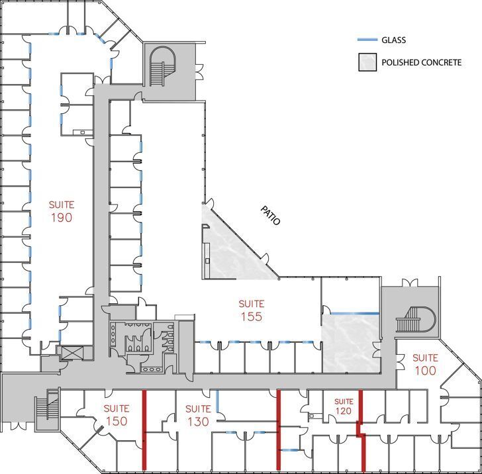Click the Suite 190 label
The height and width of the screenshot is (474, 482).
coord(62,211)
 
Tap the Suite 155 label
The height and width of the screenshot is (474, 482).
coord(252,310)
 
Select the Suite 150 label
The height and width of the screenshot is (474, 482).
coord(117,415)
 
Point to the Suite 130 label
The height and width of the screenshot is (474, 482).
coord(198,415)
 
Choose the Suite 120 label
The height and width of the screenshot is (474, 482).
coord(344,406)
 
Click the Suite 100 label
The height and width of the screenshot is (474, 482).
coord(425,364)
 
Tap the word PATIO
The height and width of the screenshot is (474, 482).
coord(271,215)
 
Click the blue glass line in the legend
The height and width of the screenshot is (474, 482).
coord(367,40)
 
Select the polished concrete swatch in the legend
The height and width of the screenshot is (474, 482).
coord(367,62)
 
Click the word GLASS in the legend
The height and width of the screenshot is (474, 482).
coord(393,40)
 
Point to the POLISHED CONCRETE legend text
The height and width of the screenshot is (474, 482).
coord(422,62)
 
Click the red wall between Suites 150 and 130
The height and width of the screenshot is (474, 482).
coord(144,430)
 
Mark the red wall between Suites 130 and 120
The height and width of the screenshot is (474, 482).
coord(279,430)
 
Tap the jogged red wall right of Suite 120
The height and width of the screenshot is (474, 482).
coord(362,430)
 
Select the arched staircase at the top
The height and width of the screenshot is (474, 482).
coord(162,66)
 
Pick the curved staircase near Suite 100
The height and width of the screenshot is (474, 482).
coord(416,320)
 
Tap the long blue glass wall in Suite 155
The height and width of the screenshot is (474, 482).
coord(355,314)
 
